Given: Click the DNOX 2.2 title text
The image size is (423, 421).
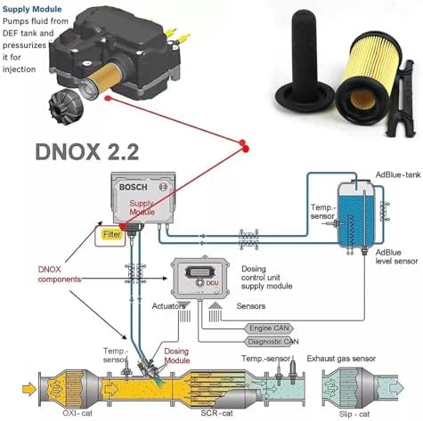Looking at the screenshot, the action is tap(87, 152).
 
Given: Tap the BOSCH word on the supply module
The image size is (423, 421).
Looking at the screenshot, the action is tap(134, 187).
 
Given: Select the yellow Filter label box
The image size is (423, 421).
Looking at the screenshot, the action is tap(112, 234).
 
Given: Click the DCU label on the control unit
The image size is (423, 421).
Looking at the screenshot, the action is tap(212, 283).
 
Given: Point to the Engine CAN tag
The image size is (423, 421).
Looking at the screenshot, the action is tap(269, 328).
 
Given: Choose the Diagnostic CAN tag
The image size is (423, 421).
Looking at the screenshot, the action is tap(273, 342).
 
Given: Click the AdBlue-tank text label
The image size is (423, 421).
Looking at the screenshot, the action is tap(398, 174).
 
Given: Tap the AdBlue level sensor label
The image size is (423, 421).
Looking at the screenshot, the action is tap(396, 257).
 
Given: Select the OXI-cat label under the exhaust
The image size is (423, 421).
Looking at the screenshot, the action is tap(77, 413).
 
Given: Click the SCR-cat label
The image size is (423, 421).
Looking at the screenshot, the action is tap(216, 413).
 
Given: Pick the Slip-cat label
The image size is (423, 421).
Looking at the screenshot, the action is tap(354, 414).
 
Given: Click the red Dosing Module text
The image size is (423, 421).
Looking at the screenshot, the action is tap(177, 356).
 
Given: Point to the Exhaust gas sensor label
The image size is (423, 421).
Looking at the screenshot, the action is tap(341, 359).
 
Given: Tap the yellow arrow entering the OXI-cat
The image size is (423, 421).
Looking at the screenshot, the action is tap(28, 389).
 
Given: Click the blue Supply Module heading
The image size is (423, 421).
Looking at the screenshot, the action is tap(32, 9).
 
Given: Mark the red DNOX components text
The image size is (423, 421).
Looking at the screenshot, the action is tap(60, 274).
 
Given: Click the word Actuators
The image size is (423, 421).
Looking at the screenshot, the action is tap(168, 306).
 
